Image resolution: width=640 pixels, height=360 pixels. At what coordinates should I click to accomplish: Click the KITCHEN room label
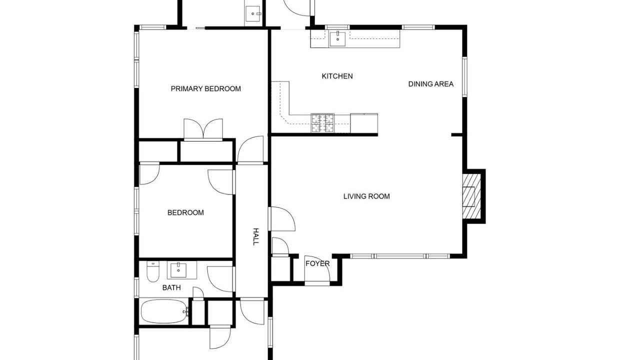(x=337, y=76)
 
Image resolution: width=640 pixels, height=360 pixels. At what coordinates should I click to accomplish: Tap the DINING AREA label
(x=431, y=84)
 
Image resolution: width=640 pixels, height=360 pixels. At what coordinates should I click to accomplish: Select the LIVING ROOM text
(x=366, y=196)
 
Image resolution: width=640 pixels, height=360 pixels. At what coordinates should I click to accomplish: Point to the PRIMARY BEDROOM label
(x=205, y=89)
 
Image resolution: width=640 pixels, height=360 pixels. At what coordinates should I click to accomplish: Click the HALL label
(x=256, y=236)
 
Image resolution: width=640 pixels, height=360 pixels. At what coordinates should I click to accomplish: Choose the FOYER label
(x=317, y=263)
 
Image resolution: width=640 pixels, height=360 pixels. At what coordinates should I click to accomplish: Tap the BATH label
(x=171, y=287)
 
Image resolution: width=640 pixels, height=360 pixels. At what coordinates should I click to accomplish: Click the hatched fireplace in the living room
(x=471, y=196)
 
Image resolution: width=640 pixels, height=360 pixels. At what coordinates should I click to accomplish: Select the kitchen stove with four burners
(x=322, y=123)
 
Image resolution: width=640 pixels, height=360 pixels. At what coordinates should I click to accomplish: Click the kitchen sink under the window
(x=337, y=39)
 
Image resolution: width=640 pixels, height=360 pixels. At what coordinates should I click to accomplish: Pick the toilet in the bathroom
(x=153, y=271)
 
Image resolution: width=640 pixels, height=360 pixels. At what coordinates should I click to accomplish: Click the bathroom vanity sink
(x=178, y=270)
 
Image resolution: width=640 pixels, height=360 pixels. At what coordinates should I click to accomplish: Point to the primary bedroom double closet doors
(x=203, y=129)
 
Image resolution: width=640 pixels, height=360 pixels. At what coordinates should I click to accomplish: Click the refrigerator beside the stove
(x=364, y=123)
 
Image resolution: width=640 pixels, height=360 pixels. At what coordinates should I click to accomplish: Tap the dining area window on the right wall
(x=465, y=76)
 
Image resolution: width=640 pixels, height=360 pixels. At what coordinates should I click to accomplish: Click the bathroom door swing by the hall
(x=220, y=279)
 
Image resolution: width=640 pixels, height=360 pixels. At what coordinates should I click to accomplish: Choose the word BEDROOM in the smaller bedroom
(x=185, y=212)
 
